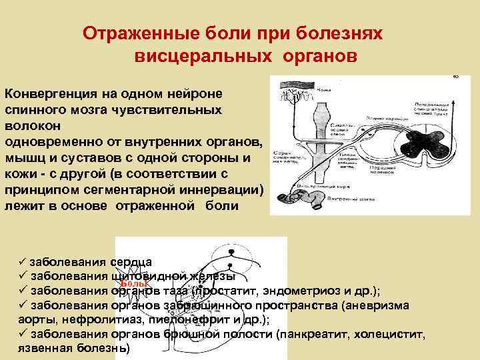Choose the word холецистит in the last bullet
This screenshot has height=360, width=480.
[x=393, y=335]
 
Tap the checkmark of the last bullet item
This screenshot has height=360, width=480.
[x=23, y=335]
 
